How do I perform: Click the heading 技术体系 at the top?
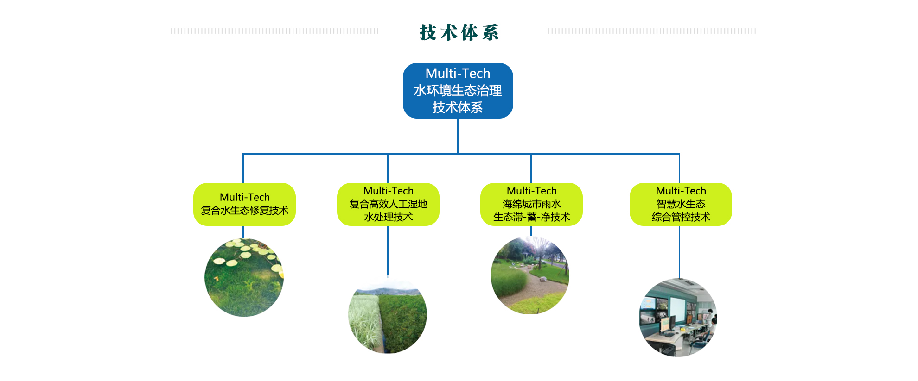pos(459,32)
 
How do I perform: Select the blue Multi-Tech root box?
pos(458,91)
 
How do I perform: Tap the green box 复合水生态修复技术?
pos(244,204)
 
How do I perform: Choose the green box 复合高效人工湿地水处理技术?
pos(388,204)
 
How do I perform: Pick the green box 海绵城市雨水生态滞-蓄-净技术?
pos(531,204)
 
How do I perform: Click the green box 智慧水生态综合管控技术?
pos(681,204)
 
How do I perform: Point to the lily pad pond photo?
pos(244,277)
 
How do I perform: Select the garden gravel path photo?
pos(530,276)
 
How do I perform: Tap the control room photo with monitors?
pos(678,318)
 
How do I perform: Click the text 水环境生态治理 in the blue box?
pos(458,91)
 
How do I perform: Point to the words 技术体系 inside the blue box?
pos(458,107)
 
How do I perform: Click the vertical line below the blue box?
pos(458,136)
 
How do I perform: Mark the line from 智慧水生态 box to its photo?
pos(679,252)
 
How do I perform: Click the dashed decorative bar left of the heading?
pos(274,31)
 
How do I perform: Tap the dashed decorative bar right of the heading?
pos(651,31)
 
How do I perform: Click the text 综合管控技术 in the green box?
pos(681,217)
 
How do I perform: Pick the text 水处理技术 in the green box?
pos(388,217)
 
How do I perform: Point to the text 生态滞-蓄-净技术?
pos(531,217)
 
